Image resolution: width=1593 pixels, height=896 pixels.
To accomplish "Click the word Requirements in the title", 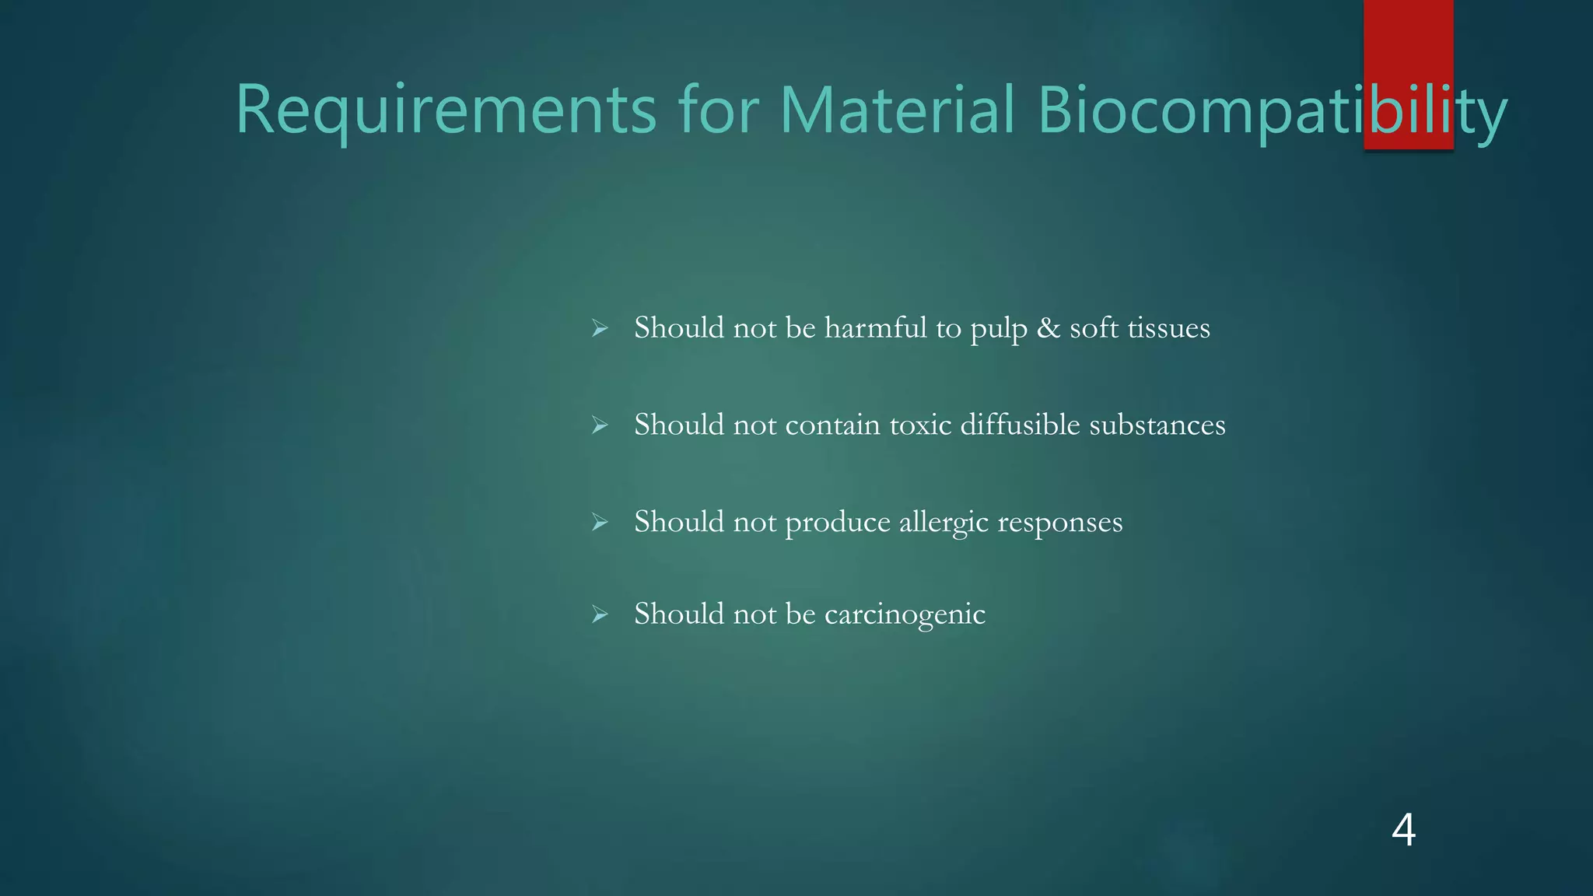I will click(x=446, y=110).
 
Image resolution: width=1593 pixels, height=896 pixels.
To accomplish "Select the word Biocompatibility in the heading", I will click(x=1272, y=110).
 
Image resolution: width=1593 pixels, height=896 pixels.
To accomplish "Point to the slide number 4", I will click(x=1403, y=830).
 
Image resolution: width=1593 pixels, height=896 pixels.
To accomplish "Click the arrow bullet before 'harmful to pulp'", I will click(x=599, y=328).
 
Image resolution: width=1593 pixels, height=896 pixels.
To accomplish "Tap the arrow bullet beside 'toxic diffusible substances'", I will click(x=599, y=425).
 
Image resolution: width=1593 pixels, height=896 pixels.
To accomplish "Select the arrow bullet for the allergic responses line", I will click(x=599, y=522).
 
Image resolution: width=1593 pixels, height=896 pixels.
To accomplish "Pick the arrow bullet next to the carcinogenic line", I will click(x=599, y=614).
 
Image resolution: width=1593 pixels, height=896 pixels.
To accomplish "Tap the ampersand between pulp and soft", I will click(x=1049, y=327).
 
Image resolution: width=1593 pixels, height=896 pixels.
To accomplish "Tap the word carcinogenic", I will click(x=905, y=614).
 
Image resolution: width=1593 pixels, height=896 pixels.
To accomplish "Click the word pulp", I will click(x=998, y=329).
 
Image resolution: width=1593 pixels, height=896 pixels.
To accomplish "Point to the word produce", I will click(x=838, y=522).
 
